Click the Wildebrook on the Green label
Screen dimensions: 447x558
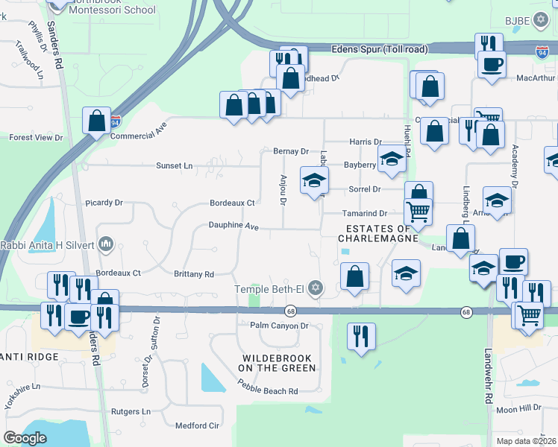click(278, 363)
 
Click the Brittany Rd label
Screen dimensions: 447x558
click(194, 274)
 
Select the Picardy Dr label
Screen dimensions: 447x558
click(104, 202)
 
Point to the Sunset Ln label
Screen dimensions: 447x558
click(174, 165)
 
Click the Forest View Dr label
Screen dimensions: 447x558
click(36, 138)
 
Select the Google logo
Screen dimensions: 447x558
click(25, 438)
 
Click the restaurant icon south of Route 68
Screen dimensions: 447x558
click(362, 336)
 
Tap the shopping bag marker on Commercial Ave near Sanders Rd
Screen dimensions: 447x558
click(97, 121)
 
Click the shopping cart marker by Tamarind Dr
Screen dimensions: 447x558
click(418, 212)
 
